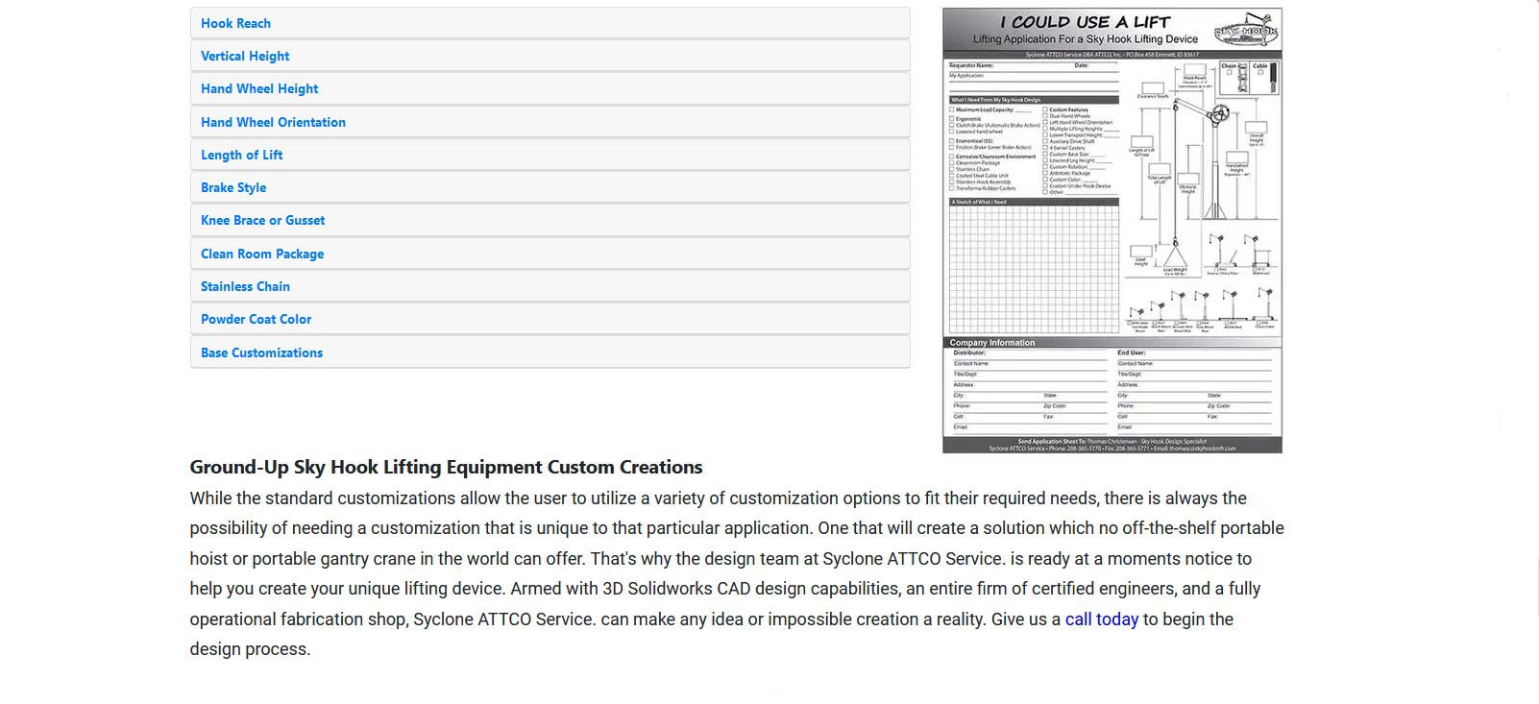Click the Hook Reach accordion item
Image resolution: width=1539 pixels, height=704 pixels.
point(235,23)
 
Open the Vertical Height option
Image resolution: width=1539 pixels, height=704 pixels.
point(245,56)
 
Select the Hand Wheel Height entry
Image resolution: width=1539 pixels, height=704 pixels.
point(259,88)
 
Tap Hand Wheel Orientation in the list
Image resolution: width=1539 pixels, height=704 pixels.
point(273,122)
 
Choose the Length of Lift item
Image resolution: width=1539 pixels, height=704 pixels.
point(241,155)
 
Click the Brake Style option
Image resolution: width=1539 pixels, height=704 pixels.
point(233,187)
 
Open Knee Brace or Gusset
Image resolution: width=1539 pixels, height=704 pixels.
point(262,220)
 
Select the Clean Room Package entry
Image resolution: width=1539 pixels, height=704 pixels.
point(262,254)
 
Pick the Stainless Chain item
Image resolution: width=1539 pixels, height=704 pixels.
point(245,286)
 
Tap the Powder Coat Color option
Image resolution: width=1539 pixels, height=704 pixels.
point(256,319)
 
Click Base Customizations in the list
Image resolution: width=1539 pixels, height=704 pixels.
point(261,352)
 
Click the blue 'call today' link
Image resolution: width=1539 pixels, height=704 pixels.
point(1101,619)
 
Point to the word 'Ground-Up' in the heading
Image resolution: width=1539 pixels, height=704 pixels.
point(238,468)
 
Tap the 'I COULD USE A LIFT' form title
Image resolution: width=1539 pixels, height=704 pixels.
point(1085,22)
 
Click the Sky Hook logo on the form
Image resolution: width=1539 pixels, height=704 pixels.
point(1246,31)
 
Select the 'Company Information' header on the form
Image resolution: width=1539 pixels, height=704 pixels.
point(992,343)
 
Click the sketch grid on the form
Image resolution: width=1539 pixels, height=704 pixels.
point(1034,269)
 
